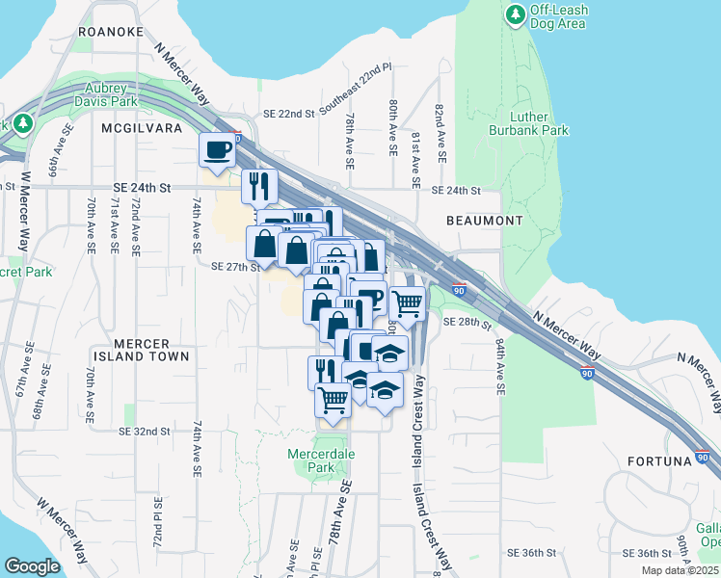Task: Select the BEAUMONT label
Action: pyautogui.click(x=485, y=221)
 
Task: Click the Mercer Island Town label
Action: pyautogui.click(x=141, y=350)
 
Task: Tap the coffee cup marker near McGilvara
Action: pyautogui.click(x=217, y=150)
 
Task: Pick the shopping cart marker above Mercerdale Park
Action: pyautogui.click(x=333, y=399)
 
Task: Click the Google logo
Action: pyautogui.click(x=32, y=566)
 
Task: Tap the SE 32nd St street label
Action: pyautogui.click(x=147, y=432)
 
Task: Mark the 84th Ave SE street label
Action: pyautogui.click(x=500, y=366)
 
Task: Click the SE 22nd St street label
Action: pyautogui.click(x=282, y=114)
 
